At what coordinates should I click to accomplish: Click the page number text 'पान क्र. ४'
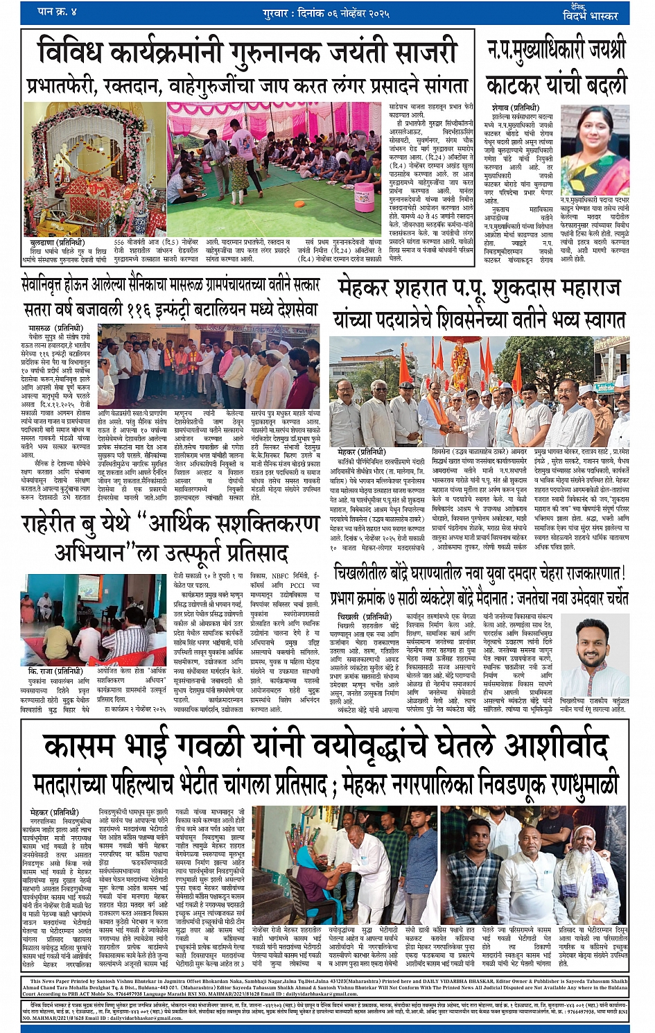(x=57, y=12)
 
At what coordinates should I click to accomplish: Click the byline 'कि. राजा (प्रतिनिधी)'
(x=55, y=671)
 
